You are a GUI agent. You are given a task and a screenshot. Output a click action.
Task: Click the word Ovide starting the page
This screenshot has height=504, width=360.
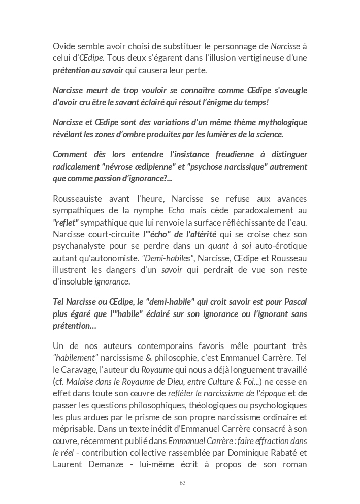coord(64,46)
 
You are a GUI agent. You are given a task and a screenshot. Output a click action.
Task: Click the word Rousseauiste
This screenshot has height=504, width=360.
coord(80,198)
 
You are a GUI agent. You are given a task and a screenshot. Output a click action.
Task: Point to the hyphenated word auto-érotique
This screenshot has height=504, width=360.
coord(285,246)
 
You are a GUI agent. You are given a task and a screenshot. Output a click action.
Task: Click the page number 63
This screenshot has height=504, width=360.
coord(183,483)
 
